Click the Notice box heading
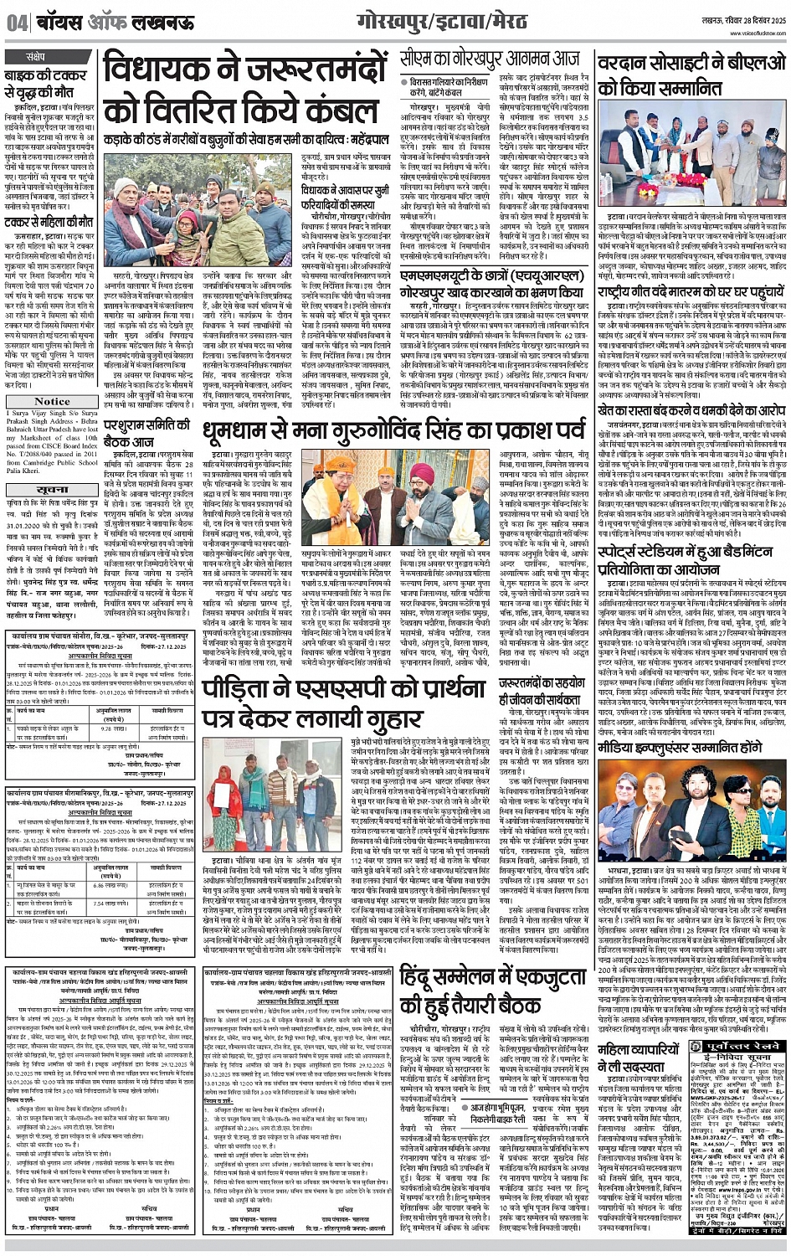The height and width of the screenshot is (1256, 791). tap(52, 400)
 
